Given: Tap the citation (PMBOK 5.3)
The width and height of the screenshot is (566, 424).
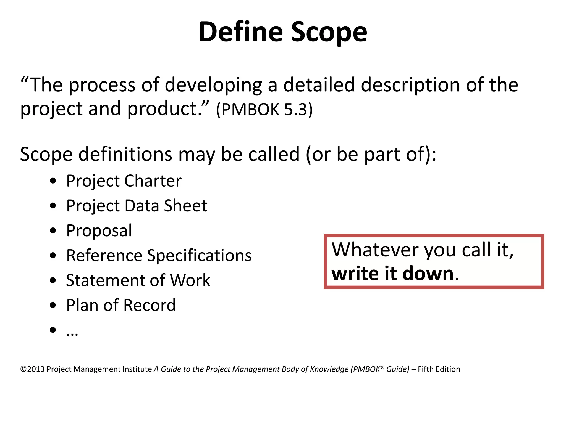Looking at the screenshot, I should pyautogui.click(x=264, y=109).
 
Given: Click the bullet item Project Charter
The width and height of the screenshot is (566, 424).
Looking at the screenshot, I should pyautogui.click(x=124, y=181).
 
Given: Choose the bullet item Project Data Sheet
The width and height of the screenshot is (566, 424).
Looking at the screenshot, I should pyautogui.click(x=137, y=206).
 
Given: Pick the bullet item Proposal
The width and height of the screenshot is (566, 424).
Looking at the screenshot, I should pyautogui.click(x=99, y=231).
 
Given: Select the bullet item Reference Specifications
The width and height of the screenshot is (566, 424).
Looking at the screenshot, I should pyautogui.click(x=159, y=256).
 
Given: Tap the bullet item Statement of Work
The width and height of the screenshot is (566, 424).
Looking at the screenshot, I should pyautogui.click(x=138, y=280).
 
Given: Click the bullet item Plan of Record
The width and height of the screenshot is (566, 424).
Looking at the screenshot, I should pyautogui.click(x=121, y=305).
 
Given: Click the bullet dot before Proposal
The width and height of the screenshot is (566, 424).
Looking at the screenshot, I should pyautogui.click(x=53, y=231).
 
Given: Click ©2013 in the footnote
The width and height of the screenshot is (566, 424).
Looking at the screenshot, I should pyautogui.click(x=32, y=369).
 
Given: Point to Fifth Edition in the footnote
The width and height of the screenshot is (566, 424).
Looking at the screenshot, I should pyautogui.click(x=439, y=369).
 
